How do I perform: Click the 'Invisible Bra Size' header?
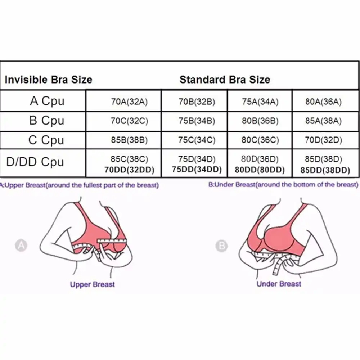click(x=48, y=80)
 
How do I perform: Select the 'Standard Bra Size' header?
click(x=225, y=80)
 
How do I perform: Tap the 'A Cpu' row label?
click(x=47, y=101)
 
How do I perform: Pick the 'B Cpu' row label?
click(x=47, y=121)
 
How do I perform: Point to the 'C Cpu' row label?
click(x=46, y=140)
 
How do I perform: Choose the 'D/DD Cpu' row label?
click(x=35, y=162)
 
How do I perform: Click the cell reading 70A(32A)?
click(x=129, y=102)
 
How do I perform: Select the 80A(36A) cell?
click(x=323, y=102)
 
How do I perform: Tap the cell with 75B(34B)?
click(x=197, y=121)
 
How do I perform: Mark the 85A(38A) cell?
click(x=323, y=121)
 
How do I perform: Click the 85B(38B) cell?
click(x=129, y=140)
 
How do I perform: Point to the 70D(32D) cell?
click(x=323, y=140)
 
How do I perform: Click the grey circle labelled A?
click(x=21, y=246)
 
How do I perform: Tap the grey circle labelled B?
click(x=221, y=246)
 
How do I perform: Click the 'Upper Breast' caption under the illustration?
click(x=92, y=284)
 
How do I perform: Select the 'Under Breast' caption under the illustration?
click(x=279, y=284)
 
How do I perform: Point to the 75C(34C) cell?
click(x=197, y=140)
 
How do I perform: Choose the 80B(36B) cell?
click(x=260, y=121)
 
